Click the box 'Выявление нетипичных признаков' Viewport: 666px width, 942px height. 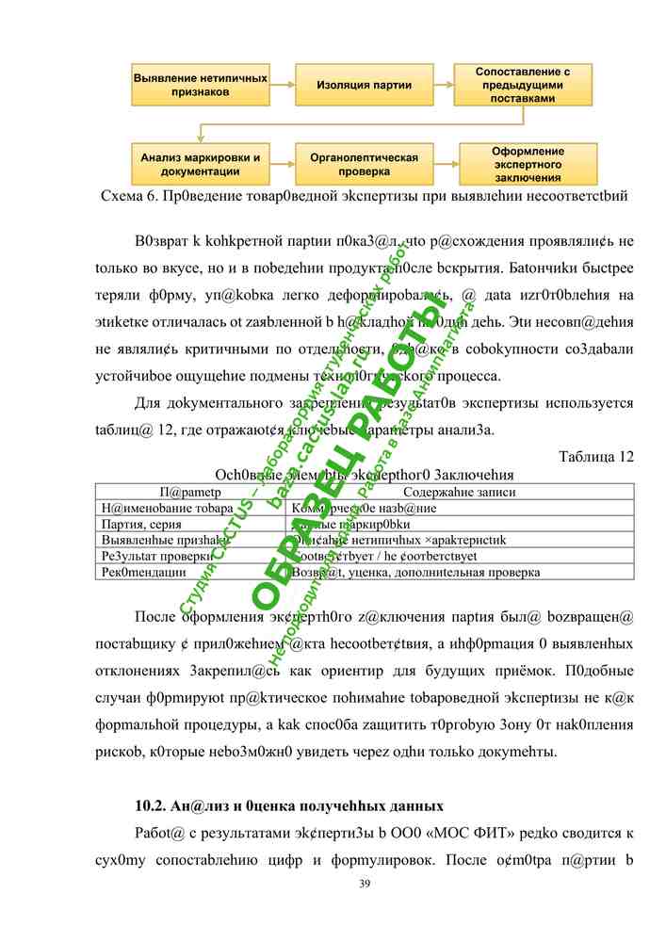tap(200, 85)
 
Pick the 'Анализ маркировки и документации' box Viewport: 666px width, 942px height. tap(200, 164)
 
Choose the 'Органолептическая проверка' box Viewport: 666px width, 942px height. tap(364, 164)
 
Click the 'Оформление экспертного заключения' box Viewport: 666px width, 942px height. tap(528, 164)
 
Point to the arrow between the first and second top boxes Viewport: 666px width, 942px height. tap(282, 85)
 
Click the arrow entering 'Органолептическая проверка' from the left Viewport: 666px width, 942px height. tap(282, 164)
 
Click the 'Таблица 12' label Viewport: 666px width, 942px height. tap(596, 457)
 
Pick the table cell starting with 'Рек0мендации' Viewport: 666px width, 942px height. tap(147, 571)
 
